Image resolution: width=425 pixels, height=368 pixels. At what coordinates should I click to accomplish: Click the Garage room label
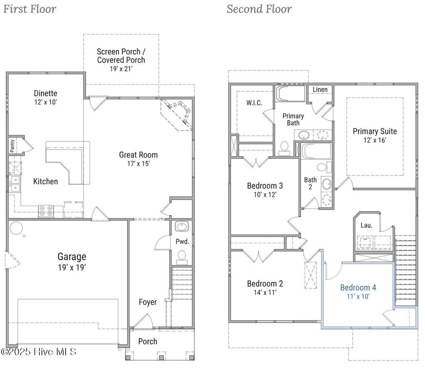tap(72, 257)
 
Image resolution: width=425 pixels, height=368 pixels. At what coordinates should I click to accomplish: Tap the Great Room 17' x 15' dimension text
tap(138, 163)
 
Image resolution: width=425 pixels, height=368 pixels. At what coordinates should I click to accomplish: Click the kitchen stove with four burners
tap(46, 211)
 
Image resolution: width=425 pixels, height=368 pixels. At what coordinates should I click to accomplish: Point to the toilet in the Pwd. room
tap(181, 256)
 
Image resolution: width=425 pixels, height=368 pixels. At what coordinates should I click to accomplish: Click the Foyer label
tap(148, 302)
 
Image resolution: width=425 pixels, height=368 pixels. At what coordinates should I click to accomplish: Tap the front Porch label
tap(148, 341)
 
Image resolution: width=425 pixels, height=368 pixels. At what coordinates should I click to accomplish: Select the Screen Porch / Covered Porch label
tap(121, 56)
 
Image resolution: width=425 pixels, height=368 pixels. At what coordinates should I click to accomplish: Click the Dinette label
tap(46, 93)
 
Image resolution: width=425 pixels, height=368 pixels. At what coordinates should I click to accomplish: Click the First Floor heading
tap(30, 9)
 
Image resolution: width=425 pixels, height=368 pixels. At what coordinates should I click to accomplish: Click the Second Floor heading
tap(259, 9)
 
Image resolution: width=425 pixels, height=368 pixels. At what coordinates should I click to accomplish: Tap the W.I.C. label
tap(254, 102)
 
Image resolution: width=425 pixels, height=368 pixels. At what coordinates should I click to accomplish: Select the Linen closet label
tap(320, 90)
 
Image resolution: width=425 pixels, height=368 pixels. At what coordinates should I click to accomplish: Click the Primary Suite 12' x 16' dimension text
tap(374, 140)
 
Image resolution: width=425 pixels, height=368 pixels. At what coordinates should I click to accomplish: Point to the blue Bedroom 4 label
tap(358, 288)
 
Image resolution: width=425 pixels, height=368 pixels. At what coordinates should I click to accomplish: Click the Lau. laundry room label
tap(366, 225)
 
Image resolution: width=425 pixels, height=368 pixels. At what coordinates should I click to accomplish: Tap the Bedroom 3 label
tap(265, 185)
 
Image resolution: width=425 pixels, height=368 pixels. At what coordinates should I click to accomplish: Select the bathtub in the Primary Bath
tap(291, 93)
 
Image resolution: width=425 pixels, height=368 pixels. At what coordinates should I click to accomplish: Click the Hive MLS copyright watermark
tap(39, 352)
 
